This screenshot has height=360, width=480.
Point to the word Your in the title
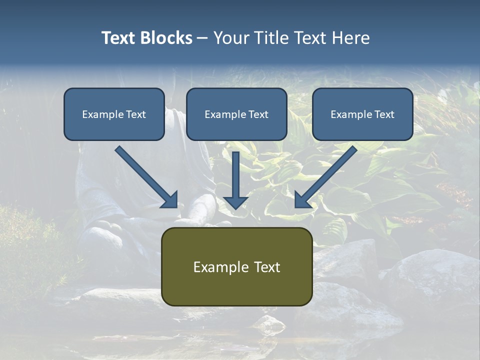[230, 38]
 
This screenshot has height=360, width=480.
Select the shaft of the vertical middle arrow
[236, 172]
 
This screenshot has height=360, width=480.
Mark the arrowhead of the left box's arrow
[170, 200]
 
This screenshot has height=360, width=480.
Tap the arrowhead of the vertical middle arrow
[236, 202]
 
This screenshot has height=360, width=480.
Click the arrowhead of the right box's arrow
[302, 200]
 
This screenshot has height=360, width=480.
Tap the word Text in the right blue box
[384, 114]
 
